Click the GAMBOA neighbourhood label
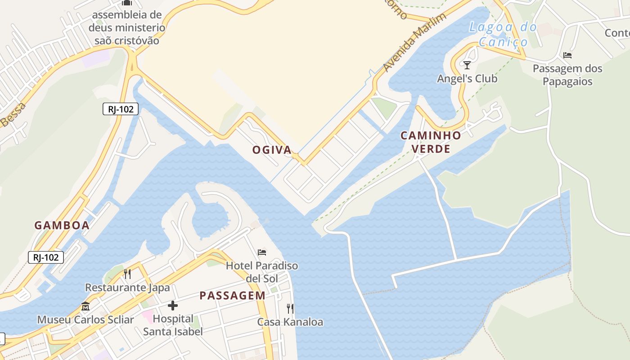pos(62,225)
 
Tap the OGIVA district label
pos(272,150)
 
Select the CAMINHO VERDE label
pos(431,142)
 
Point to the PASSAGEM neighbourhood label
pos(232,296)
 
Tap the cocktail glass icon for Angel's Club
pos(467,65)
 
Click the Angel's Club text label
pos(467,79)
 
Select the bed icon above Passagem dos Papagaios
pos(567,55)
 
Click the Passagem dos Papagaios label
pos(567,75)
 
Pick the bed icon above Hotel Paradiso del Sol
pos(262,252)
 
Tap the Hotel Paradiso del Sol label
pos(262,272)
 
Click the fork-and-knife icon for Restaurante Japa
pos(127,274)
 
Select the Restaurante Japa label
pos(127,288)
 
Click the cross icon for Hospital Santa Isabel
pos(172,306)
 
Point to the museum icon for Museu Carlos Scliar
pos(85,306)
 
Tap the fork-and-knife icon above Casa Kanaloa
pos(290,308)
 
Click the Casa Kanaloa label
pos(290,322)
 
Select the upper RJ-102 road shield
pos(120,108)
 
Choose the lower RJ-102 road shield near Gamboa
pos(46,257)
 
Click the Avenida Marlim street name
pos(414,42)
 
